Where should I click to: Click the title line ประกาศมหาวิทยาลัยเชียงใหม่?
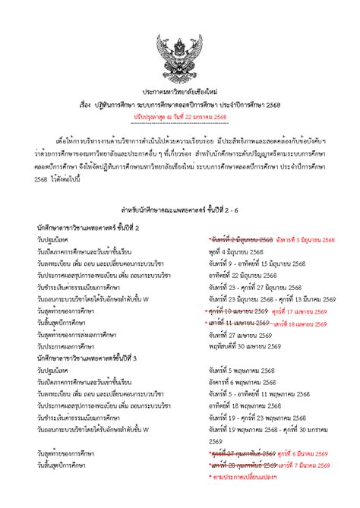(x=179, y=90)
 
